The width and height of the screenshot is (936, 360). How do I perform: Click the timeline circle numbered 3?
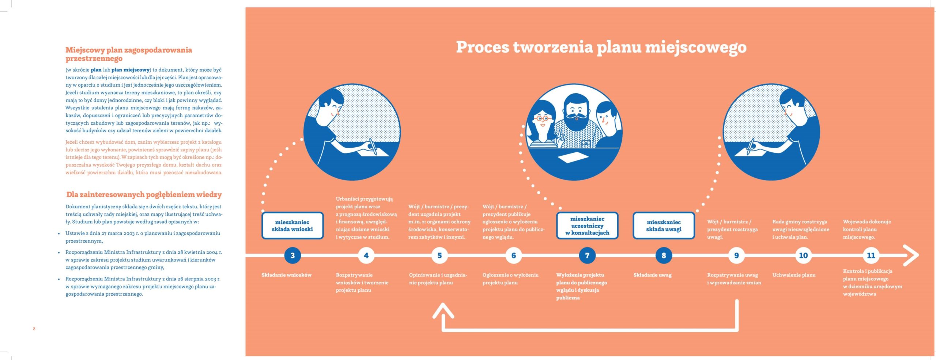coord(292,255)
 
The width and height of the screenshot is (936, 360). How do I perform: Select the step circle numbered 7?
coord(587,255)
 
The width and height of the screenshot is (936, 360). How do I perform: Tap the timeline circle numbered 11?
coord(871,255)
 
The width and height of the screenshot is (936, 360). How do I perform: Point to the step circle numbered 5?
coord(439,255)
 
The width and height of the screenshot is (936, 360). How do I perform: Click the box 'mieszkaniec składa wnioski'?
coord(292,226)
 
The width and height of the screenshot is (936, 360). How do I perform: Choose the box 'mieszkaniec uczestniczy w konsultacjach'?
coord(587,226)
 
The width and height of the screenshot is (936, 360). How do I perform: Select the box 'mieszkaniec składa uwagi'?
coord(664,226)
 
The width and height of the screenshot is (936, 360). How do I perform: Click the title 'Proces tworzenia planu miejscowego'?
coord(601,48)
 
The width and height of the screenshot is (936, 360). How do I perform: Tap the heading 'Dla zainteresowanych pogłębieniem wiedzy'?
coord(144,194)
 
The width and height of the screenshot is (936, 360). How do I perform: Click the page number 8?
coord(34,329)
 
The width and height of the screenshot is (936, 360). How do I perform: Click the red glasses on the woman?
coord(542,118)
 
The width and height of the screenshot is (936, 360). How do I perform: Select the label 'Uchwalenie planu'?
coord(794,275)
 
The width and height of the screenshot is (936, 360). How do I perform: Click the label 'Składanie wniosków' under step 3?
coord(286,275)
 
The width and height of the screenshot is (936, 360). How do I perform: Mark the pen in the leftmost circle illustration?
coord(373,146)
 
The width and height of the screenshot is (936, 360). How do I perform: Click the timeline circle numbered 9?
coord(736,255)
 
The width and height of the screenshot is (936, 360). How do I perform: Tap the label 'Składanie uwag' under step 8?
coord(652,275)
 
